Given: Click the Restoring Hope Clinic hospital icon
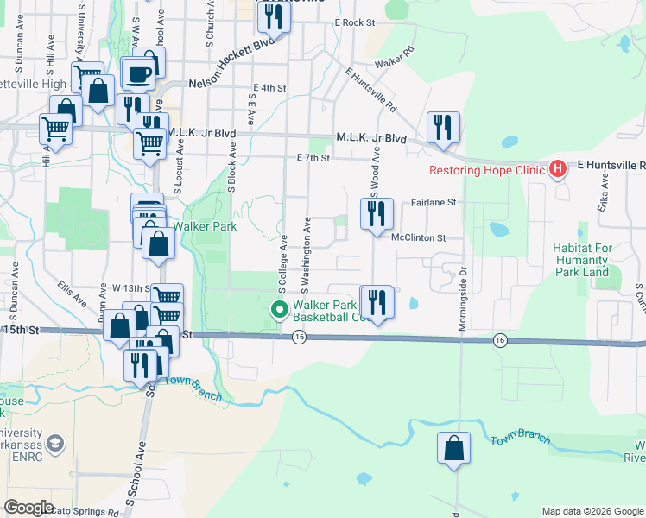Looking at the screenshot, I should point(558,167).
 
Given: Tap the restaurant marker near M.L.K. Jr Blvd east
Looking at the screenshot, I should point(443,127).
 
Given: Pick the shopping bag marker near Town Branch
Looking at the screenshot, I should point(453,448).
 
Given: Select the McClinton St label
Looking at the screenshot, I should point(418,237).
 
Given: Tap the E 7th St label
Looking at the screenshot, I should point(313,158).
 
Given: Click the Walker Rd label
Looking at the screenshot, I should point(395,64).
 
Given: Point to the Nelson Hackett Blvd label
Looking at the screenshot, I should point(236,66).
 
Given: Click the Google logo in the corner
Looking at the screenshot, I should point(28,508).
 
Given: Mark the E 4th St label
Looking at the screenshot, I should point(269,88).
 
